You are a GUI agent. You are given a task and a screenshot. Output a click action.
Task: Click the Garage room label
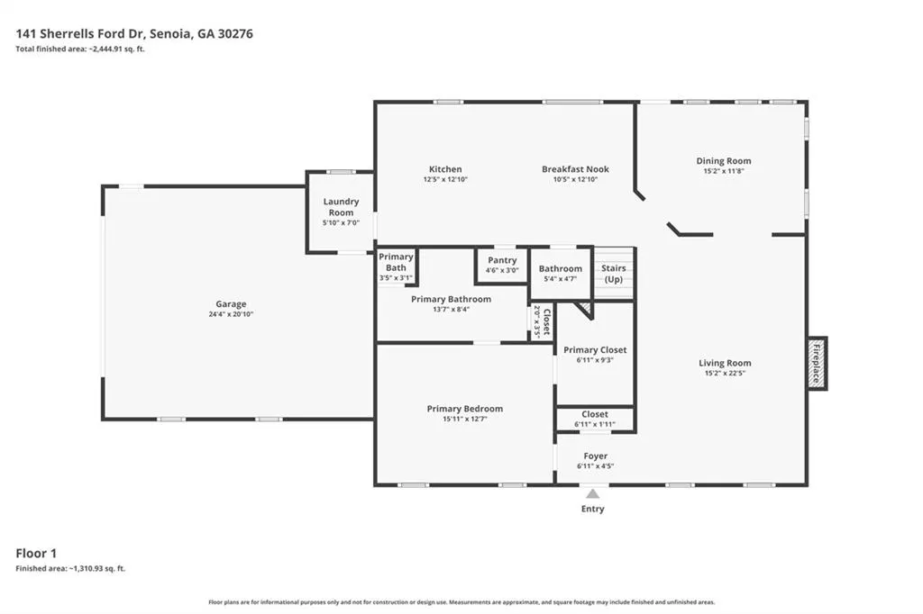coord(231,304)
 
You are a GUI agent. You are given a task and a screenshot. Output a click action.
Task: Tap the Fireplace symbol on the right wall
coord(817,363)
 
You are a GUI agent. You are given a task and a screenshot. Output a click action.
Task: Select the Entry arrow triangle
coord(593,493)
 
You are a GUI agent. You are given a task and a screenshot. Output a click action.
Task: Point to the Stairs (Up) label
coord(613,274)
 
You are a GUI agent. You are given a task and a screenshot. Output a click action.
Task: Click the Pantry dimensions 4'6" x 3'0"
coord(502,270)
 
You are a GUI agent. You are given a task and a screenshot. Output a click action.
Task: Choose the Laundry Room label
coord(341,207)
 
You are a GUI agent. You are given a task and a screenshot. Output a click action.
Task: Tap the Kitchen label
coord(445,168)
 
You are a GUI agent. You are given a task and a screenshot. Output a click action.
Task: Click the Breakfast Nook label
coord(576,168)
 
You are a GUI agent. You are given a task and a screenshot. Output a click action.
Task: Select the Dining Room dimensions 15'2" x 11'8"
coord(724,171)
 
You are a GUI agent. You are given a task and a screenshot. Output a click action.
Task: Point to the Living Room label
coord(725,363)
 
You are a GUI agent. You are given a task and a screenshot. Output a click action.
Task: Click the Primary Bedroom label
coord(465,409)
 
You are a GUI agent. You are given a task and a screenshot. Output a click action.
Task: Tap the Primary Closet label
coord(595,350)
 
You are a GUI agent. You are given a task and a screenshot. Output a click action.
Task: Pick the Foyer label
coord(596,456)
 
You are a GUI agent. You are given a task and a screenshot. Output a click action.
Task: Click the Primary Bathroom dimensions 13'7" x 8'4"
coord(452,310)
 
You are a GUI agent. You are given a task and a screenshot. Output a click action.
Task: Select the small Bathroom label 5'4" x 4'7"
coord(561,274)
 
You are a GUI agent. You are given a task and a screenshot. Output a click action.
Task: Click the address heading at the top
coord(134,33)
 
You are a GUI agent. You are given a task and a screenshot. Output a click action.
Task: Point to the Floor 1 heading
coord(36,553)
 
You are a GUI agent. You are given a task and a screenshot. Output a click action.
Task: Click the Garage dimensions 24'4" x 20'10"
coord(231,314)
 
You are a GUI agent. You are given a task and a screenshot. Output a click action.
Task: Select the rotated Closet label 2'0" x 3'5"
coord(542,321)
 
